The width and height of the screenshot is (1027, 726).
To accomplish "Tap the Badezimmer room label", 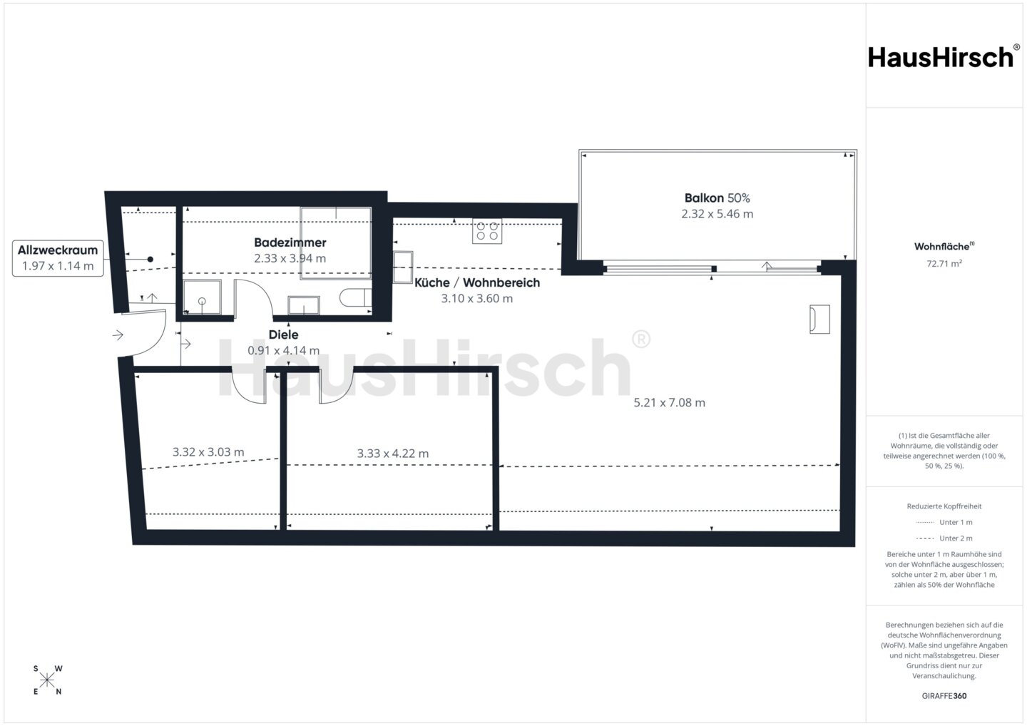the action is coord(290,242).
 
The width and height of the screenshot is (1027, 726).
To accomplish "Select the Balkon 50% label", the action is coord(717,198).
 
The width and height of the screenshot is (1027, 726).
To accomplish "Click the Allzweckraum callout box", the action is coord(58,258).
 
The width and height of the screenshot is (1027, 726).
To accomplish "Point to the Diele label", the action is coord(283,334).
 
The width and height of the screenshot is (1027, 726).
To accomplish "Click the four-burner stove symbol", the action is coord(487,230).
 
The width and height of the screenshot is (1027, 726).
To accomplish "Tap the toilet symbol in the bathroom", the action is coord(356,297).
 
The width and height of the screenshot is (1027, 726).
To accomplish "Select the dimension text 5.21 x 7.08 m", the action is coord(670,402).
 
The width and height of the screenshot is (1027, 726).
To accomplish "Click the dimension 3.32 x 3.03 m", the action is coord(208,452).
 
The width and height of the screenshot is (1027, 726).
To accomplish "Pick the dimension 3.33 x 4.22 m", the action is coord(393,454).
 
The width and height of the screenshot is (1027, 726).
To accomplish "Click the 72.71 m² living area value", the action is coord(944,264).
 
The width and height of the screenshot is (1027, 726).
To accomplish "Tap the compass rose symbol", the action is coord(47,680).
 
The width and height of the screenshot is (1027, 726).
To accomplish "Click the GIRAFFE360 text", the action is coord(944,696).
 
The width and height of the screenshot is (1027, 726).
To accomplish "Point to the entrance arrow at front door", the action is coord(118,335).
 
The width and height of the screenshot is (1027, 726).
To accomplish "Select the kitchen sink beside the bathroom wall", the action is coord(402,267).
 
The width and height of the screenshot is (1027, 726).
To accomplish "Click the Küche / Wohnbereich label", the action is coord(477,283).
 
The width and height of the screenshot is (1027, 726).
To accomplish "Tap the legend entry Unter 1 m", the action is coord(944,522).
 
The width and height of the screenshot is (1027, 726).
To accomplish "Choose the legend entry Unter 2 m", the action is coord(944,538).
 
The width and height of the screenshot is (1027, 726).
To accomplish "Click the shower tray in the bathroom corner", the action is coord(203,297).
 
